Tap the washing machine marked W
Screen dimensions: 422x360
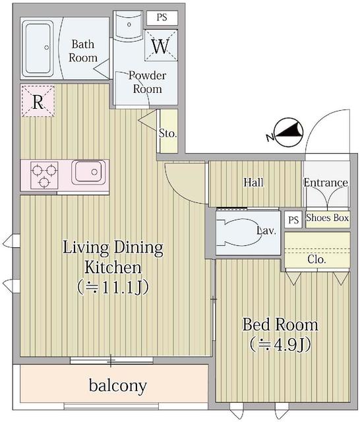point(160,46)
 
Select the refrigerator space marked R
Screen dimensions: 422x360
point(38,102)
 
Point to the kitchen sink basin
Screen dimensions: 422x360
point(88,173)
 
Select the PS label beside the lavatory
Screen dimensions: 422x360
point(293,220)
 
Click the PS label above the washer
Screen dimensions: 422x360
point(162,18)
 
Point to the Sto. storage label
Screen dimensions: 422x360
point(168,133)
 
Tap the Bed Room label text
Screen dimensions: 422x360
point(280,324)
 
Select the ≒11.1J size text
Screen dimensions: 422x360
point(113,287)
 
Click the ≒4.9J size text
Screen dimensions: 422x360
point(280,344)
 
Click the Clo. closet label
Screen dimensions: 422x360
point(316,259)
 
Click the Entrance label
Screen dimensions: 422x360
point(326,183)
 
